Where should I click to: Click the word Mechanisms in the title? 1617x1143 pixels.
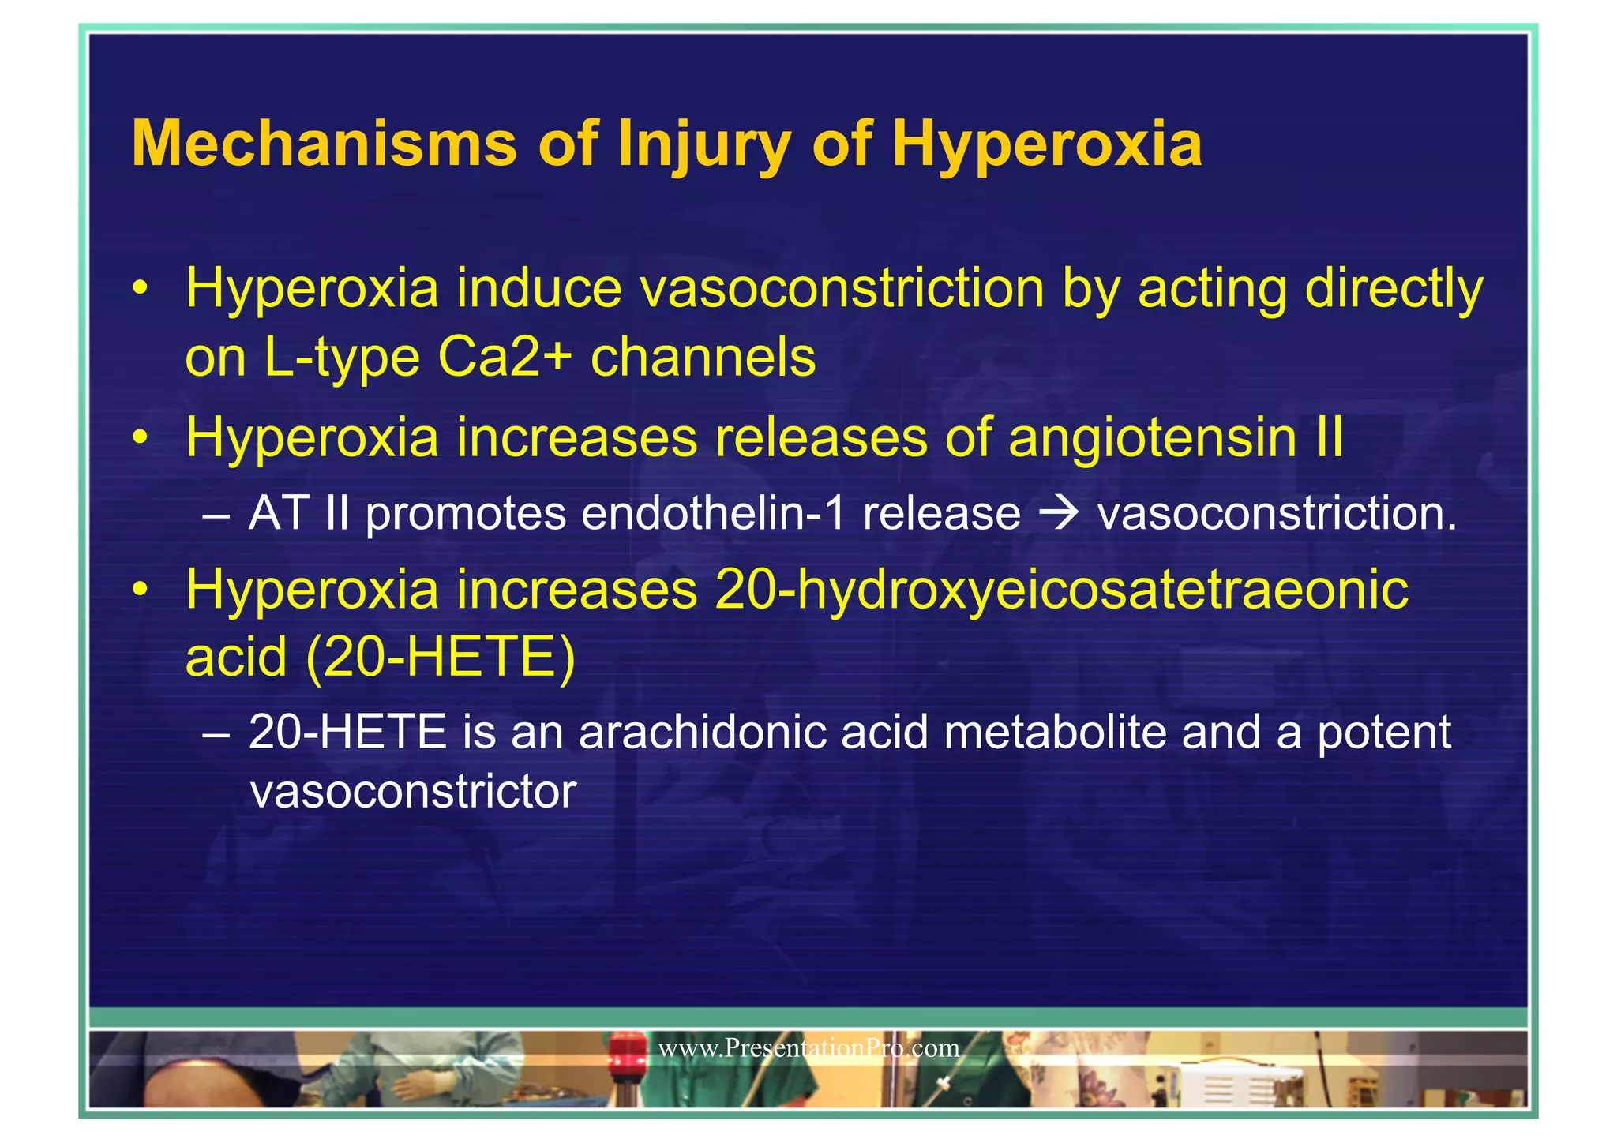(x=324, y=144)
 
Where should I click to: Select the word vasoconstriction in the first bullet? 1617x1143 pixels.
(x=842, y=289)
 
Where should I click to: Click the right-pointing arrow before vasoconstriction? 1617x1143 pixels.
(x=1058, y=513)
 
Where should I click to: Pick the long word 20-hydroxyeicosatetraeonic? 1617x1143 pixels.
(x=1061, y=590)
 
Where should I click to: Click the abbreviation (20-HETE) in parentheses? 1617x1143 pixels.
(x=440, y=658)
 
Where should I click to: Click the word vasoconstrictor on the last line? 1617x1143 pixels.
(x=413, y=792)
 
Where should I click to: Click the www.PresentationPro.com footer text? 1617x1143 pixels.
(x=808, y=1048)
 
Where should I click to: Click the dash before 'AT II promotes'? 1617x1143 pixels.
(x=216, y=515)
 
